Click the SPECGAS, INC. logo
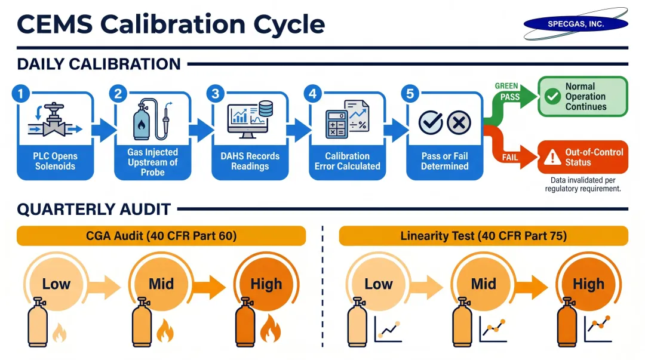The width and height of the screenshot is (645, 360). point(576,24)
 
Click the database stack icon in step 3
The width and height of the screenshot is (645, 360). point(266,109)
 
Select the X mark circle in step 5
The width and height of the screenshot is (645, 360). point(459,123)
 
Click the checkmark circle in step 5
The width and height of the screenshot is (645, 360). point(430,123)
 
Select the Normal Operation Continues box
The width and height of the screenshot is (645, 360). point(583,96)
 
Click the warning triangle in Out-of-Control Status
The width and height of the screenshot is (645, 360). point(549,158)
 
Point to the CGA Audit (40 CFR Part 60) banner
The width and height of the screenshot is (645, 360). point(161,236)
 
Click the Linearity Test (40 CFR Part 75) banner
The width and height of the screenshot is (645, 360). point(483,236)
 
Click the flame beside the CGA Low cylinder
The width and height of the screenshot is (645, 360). point(60,332)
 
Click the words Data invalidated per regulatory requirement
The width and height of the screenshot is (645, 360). point(583,184)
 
